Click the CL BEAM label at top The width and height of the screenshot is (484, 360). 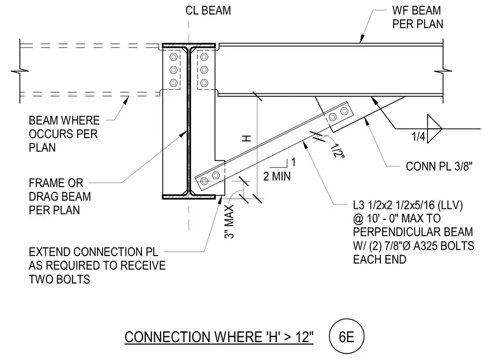(208, 10)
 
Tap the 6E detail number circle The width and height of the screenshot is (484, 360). (346, 336)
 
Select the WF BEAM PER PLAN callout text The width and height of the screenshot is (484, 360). (418, 17)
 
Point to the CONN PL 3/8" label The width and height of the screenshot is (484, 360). (439, 166)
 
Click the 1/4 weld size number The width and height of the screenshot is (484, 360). (418, 136)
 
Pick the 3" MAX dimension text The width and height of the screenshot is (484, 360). (230, 222)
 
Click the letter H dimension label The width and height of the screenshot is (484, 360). (246, 139)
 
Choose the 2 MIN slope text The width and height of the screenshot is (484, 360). (277, 176)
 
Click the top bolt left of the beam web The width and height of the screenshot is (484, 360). (173, 57)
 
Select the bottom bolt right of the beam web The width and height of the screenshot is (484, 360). (204, 83)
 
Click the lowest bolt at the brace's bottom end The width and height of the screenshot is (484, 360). (204, 181)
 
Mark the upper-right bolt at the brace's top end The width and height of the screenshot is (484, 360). (344, 111)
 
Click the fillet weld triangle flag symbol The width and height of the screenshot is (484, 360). (434, 129)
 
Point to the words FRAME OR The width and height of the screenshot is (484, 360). (56, 183)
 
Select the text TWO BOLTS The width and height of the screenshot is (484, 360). (59, 280)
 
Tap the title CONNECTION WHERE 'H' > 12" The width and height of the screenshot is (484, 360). (219, 337)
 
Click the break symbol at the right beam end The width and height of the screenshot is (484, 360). (443, 71)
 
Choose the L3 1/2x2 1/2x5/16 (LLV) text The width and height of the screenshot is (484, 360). (408, 205)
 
